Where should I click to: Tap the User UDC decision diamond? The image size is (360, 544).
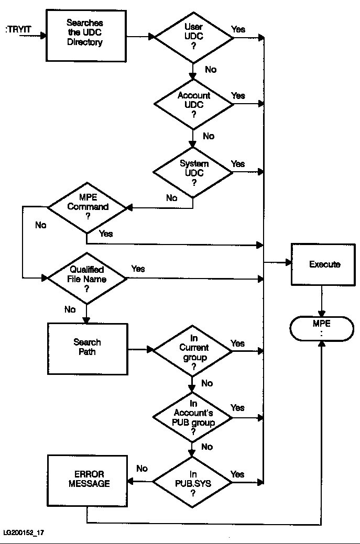193,37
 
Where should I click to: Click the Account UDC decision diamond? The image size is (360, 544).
193,104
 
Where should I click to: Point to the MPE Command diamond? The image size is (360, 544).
88,207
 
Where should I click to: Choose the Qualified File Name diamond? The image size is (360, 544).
88,279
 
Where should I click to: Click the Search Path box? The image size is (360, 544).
88,348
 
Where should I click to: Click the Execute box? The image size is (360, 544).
324,264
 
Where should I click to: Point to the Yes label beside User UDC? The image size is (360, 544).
238,29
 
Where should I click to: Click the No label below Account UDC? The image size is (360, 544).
209,136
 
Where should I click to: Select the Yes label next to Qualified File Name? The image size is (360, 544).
138,269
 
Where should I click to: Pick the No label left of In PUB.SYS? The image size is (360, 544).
142,468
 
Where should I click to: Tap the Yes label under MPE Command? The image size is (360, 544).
105,234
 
